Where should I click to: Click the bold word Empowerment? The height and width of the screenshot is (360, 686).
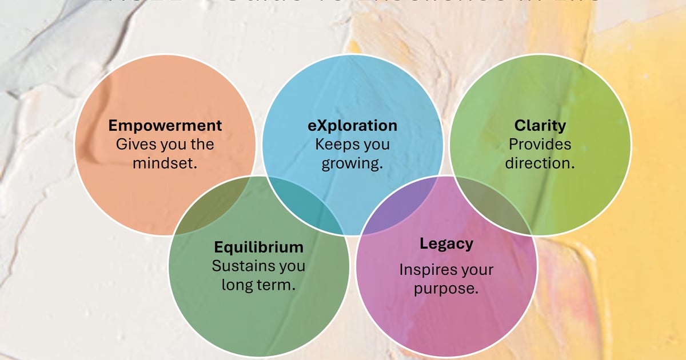[x=165, y=125]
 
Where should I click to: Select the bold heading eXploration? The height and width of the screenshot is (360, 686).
[x=352, y=125]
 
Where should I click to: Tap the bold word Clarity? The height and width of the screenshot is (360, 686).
[x=540, y=125]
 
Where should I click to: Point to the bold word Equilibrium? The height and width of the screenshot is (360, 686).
[x=258, y=247]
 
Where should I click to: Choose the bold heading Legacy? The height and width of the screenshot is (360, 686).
[x=446, y=244]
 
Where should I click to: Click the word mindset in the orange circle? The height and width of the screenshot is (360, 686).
[x=165, y=163]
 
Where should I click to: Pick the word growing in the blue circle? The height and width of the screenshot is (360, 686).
[x=352, y=163]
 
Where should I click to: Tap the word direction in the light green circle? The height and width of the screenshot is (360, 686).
[x=540, y=163]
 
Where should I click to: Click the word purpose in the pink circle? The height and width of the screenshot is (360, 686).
[x=446, y=288]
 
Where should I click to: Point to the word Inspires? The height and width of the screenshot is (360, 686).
[x=423, y=269]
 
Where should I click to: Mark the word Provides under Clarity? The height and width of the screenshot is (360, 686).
[x=540, y=144]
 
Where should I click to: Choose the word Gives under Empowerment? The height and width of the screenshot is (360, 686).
[x=136, y=144]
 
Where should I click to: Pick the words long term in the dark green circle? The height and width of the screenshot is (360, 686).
[x=258, y=285]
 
